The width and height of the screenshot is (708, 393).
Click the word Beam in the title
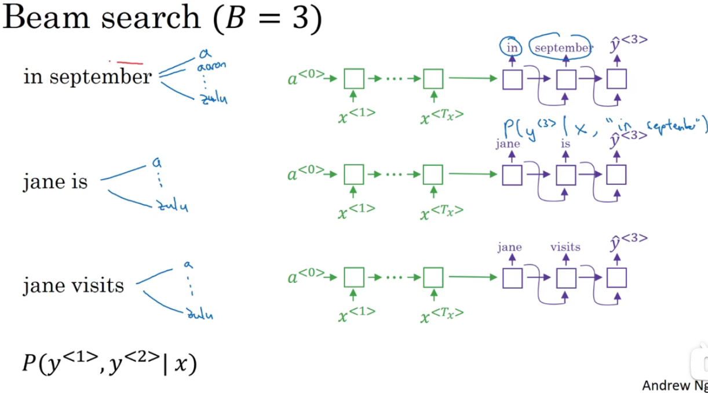tap(48, 19)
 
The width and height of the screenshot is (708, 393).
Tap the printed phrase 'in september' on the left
tap(87, 77)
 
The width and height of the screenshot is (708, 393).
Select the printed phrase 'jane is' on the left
tap(55, 182)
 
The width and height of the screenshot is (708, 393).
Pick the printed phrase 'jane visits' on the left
tap(74, 285)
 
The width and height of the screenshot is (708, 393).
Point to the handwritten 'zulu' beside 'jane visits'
tap(199, 315)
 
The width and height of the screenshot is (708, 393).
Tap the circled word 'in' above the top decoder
tap(512, 48)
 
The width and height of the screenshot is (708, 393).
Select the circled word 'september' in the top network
tap(562, 48)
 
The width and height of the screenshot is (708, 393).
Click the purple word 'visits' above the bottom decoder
tap(565, 247)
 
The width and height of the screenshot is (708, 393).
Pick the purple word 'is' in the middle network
tap(565, 143)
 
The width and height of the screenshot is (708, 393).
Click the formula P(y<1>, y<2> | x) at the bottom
tap(110, 363)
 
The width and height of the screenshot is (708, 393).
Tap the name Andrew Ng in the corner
tap(674, 385)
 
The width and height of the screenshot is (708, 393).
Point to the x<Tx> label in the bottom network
tap(443, 315)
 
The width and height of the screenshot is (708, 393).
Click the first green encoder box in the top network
tap(354, 79)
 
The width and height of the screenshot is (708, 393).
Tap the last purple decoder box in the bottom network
tap(616, 279)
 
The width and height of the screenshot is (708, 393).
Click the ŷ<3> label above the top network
tap(629, 43)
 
